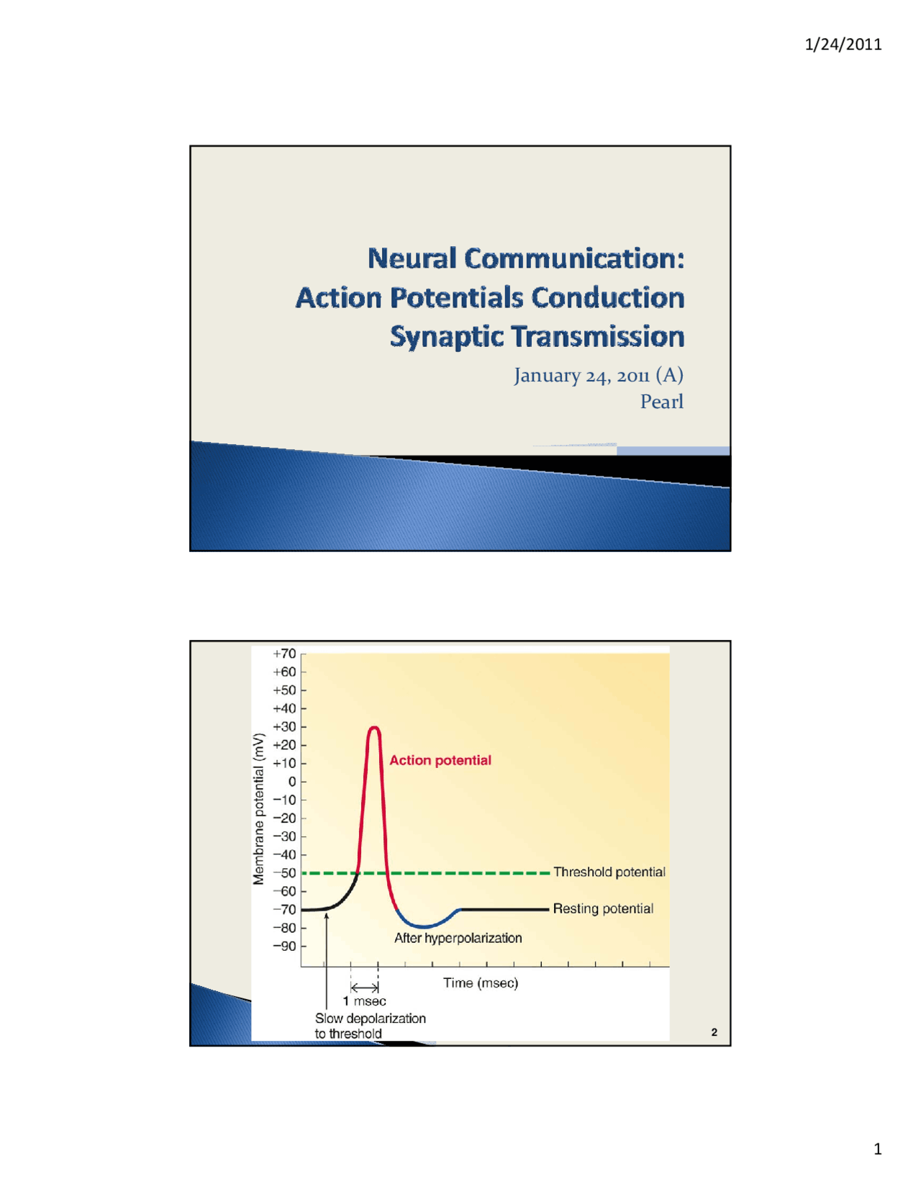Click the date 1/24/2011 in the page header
[843, 45]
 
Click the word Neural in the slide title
[412, 258]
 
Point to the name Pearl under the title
[662, 402]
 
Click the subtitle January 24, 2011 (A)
[599, 375]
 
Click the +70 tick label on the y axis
[284, 654]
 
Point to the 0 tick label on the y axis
[291, 782]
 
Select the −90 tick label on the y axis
[284, 946]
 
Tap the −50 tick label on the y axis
[284, 873]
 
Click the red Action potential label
[440, 760]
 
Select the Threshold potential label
[609, 872]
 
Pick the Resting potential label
[603, 909]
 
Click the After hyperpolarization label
[458, 938]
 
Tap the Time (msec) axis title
[481, 983]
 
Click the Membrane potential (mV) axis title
[259, 809]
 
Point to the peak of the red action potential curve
[374, 728]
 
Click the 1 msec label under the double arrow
[365, 1001]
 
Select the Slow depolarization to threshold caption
[370, 1026]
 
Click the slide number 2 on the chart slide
[714, 1032]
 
